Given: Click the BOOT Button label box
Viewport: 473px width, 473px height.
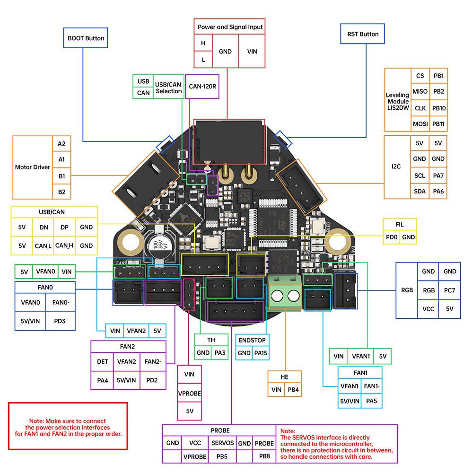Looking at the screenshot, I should (x=86, y=38).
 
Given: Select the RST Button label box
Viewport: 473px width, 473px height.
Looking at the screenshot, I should (x=362, y=34).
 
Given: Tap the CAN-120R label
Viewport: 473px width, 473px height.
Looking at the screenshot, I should (x=202, y=87).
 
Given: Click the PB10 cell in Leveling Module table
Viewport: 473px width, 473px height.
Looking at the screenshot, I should (x=438, y=108).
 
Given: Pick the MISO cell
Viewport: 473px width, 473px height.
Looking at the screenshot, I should (x=420, y=92).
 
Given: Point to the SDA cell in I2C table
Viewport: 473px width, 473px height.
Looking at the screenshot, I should (x=420, y=191).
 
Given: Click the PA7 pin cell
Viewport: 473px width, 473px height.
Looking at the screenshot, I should (x=438, y=175).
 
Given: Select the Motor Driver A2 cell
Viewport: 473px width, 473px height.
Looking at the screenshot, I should (x=61, y=144).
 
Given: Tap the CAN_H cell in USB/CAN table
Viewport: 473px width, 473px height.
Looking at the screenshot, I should (x=64, y=245).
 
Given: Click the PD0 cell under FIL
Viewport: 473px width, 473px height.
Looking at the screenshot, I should (x=392, y=237).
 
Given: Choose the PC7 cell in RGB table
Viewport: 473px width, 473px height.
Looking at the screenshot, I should (x=450, y=290).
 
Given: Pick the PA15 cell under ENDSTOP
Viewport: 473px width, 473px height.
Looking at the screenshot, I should (x=261, y=353).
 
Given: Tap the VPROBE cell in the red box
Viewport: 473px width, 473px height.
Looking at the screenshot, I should (x=189, y=393).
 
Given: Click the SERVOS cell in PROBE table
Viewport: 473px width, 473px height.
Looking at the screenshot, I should (x=222, y=443).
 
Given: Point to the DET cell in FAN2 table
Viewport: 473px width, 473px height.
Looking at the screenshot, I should (x=102, y=362).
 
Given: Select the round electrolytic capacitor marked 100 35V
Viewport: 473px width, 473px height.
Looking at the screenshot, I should (x=157, y=245).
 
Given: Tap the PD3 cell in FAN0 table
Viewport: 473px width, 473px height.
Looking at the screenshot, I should (x=61, y=320).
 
